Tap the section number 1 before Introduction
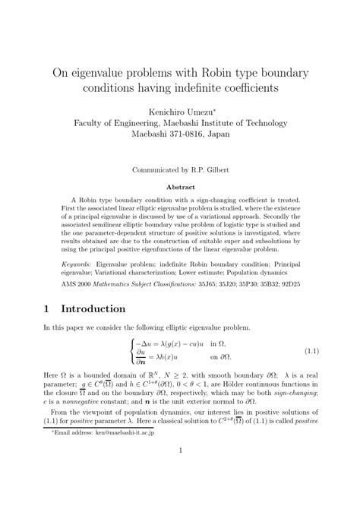coord(48,309)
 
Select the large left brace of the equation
coord(131,352)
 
